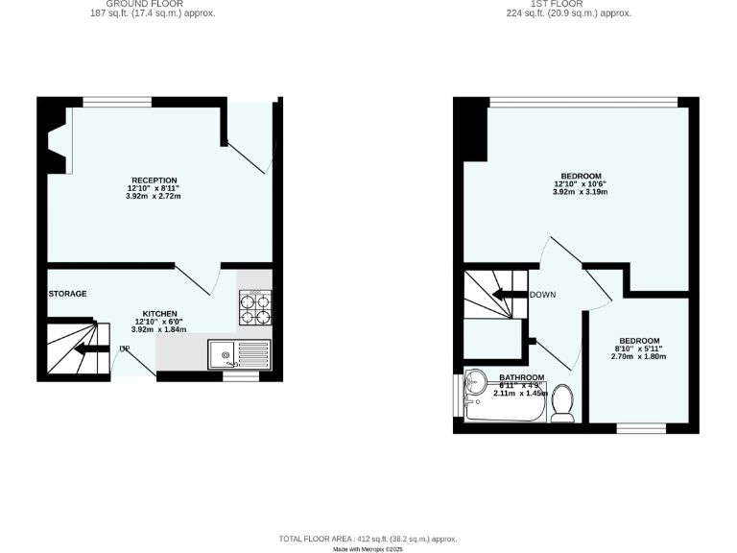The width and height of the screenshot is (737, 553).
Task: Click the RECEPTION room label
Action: coord(154,180)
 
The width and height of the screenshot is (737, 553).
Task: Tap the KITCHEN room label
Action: coord(158,314)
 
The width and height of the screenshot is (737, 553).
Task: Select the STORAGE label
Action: coord(67,294)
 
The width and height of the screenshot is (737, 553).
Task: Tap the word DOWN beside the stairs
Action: coord(543,295)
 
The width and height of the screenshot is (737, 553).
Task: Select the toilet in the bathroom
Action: coord(563,403)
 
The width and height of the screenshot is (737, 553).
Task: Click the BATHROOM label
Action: coord(521,377)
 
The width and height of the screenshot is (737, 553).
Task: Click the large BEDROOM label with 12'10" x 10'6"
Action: coord(581,176)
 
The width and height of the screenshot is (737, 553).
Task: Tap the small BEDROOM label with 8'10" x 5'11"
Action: coord(639,341)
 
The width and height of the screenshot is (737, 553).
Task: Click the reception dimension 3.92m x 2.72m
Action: coord(154,196)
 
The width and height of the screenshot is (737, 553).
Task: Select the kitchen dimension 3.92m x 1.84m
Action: coord(158,329)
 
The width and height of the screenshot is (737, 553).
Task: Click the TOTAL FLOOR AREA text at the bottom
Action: coord(368,539)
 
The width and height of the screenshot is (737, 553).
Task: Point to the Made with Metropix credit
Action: coord(368,549)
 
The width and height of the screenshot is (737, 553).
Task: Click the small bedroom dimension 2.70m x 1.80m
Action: coord(639,356)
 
